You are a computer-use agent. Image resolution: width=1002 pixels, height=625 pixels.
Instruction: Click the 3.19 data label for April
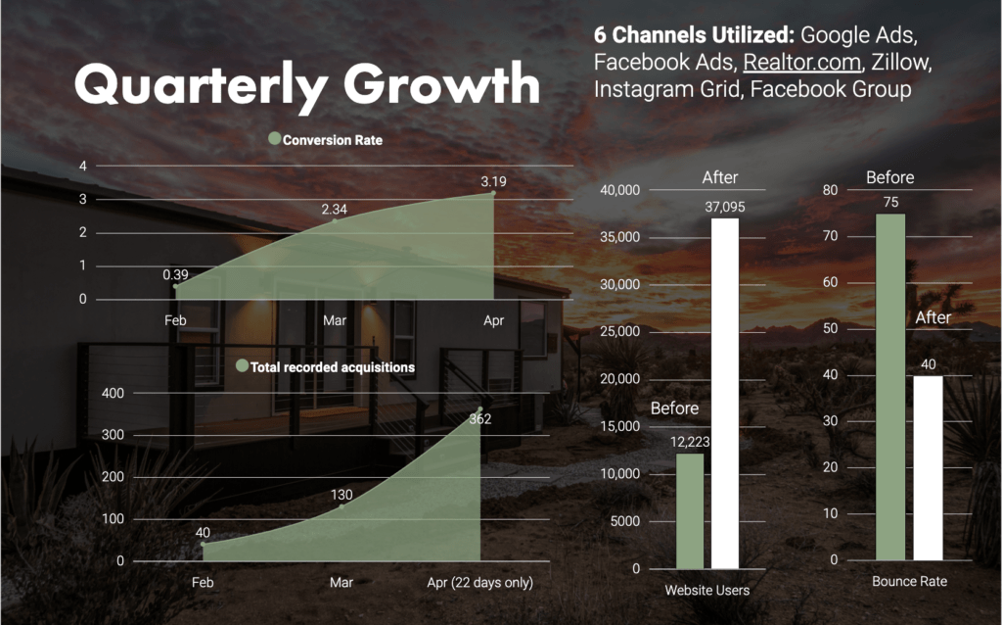coord(493,181)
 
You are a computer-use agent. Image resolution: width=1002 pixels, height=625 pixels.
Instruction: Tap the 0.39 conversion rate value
coord(176,274)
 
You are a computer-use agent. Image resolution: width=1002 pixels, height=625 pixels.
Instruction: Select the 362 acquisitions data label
coord(479,419)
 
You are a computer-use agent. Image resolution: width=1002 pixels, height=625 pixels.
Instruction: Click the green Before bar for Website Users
coord(690,509)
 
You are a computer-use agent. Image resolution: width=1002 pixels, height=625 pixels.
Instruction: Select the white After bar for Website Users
coord(725,392)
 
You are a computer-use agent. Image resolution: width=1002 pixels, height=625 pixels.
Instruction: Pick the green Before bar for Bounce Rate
coord(890,387)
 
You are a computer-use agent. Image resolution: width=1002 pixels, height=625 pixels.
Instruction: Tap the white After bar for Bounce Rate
coord(929,467)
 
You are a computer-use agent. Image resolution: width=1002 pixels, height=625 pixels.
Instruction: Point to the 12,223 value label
coord(690,442)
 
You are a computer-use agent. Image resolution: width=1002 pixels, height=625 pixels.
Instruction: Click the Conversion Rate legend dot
coord(274,139)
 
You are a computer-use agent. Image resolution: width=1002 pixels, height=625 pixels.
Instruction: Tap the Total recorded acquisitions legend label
coord(333,367)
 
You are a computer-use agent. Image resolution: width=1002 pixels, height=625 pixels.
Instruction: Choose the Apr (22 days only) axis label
coord(479,583)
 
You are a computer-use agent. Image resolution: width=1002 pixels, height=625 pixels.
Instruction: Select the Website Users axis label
coord(706,590)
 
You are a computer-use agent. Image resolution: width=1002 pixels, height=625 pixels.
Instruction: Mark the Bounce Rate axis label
coord(910,582)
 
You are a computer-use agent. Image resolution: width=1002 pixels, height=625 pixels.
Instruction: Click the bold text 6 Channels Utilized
coord(694,34)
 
